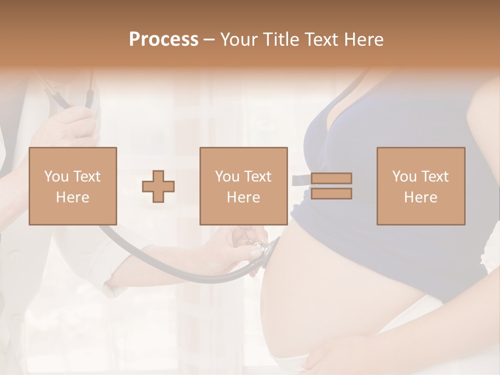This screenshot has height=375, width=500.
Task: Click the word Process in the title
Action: click(164, 40)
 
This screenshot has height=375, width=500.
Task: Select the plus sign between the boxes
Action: click(159, 186)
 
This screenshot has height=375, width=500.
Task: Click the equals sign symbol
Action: click(331, 186)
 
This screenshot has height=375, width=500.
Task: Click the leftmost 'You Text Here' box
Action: click(73, 186)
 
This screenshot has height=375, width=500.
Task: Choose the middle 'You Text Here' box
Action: click(244, 186)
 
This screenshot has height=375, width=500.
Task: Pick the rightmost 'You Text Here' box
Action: click(421, 186)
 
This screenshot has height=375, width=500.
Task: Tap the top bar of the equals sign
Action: click(331, 179)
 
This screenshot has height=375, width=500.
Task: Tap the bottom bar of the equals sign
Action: click(331, 194)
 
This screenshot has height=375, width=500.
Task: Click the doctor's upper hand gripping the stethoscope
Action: click(73, 125)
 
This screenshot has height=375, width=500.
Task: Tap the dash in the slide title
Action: click(209, 40)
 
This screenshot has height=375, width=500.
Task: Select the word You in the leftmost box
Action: click(56, 177)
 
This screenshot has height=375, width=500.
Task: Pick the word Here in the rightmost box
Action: click(421, 197)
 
